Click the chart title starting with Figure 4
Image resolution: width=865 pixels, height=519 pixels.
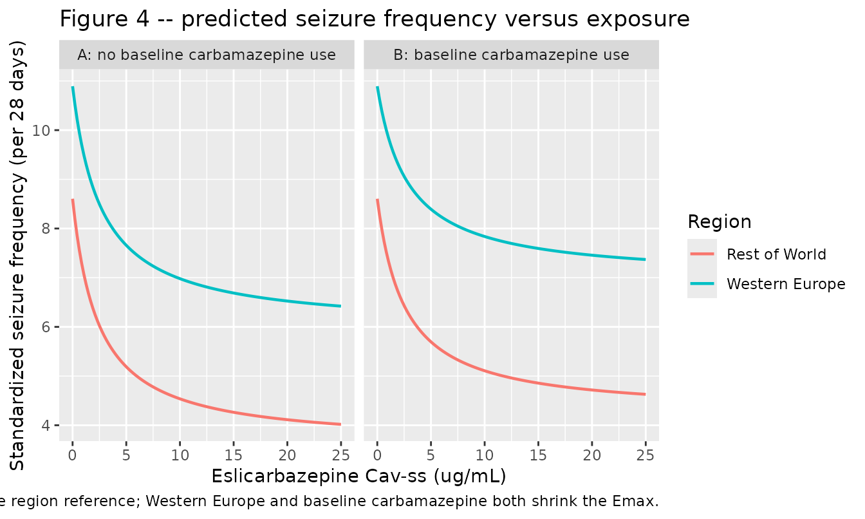375,19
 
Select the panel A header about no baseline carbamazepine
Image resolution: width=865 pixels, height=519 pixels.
207,55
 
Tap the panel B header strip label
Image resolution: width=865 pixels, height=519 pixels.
511,55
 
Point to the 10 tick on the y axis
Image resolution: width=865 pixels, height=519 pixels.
41,131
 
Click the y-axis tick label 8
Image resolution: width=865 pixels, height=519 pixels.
46,229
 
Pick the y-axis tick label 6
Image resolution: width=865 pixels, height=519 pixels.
46,327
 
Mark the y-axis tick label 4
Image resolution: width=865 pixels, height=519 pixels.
46,426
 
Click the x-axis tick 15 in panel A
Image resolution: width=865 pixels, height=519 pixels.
233,455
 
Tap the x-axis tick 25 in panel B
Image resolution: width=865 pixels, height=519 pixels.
646,455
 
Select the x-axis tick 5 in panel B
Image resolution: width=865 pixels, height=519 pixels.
431,455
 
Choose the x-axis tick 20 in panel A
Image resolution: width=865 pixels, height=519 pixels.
287,455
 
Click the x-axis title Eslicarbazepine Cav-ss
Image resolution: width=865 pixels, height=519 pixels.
358,476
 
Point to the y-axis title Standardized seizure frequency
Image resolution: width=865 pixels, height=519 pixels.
17,255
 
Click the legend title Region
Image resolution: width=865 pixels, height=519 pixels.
720,222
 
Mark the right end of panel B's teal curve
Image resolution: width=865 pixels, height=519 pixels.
646,259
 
